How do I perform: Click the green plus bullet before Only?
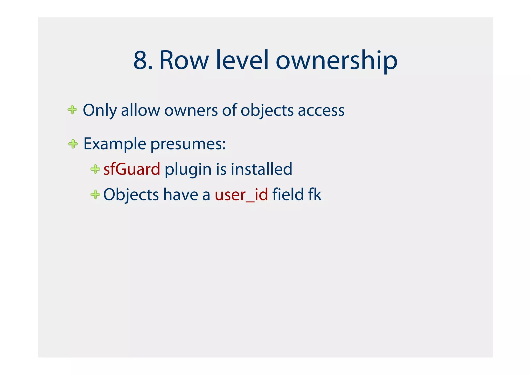pos(72,110)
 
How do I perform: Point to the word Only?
pos(100,110)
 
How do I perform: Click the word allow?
pos(140,110)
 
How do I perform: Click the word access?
pos(321,110)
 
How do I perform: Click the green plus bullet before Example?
pos(73,144)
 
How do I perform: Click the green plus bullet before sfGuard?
pos(95,169)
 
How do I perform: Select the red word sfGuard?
pos(132,169)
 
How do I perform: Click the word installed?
pos(261,169)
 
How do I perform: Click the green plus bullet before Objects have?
pos(95,194)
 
